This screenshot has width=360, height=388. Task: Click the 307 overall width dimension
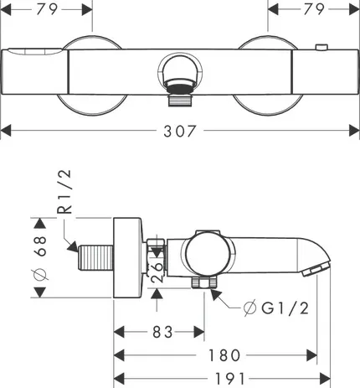(x=180, y=131)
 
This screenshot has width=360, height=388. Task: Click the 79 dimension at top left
(x=47, y=9)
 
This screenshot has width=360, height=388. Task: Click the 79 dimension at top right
(x=314, y=9)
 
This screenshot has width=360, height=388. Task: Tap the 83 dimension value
(x=163, y=332)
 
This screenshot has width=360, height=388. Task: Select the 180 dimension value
(x=224, y=355)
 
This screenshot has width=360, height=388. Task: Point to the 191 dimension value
(x=230, y=379)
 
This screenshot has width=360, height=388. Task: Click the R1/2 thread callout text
(x=64, y=192)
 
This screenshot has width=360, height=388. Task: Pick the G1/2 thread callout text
(x=285, y=308)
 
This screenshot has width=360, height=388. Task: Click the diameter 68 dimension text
(x=40, y=257)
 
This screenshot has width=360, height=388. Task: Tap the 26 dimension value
(x=157, y=272)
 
